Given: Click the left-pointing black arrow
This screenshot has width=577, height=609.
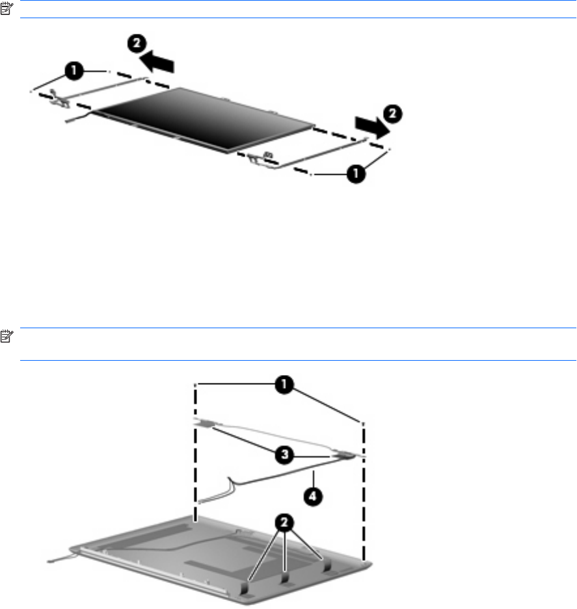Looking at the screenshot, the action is coord(157,62).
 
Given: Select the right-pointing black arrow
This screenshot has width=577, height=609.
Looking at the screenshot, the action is coord(372,127).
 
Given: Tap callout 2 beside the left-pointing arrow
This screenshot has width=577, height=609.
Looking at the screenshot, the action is coord(137,43).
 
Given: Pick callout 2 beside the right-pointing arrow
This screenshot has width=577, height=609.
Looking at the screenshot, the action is coord(393,114).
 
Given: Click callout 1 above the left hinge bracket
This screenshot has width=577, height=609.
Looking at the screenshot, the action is coord(74,71).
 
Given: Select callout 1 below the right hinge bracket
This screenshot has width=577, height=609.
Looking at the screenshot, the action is coord(356,174).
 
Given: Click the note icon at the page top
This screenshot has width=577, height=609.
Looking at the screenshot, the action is coord(7,8).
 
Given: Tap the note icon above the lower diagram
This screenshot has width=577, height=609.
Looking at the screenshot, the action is coord(7,336).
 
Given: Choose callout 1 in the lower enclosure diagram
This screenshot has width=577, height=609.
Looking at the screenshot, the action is coord(284,385).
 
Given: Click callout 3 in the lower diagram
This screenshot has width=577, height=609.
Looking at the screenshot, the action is coord(284,454).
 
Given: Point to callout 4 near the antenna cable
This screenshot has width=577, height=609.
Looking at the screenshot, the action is coord(313,496).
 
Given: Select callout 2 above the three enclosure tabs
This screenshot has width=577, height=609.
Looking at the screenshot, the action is coord(284,522).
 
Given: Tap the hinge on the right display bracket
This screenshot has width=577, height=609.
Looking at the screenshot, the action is coord(262,159).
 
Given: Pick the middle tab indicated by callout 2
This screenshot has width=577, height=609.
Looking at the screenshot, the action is coord(285,578).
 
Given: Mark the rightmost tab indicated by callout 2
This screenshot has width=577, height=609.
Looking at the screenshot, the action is coord(327,567).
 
